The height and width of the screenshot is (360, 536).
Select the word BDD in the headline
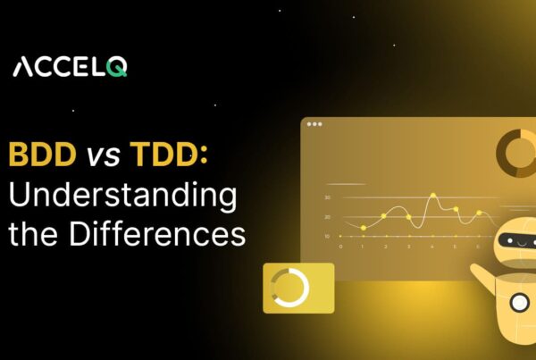click(42, 155)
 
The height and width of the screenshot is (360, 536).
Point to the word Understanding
click(122, 196)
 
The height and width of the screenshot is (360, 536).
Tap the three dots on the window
click(314, 124)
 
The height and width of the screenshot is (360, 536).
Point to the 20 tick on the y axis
click(328, 217)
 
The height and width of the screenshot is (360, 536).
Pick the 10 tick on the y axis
click(328, 236)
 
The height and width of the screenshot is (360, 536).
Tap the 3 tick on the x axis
click(409, 246)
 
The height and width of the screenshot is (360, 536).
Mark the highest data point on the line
click(432, 195)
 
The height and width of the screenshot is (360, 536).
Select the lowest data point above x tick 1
click(364, 228)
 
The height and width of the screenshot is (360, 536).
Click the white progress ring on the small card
click(291, 288)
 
